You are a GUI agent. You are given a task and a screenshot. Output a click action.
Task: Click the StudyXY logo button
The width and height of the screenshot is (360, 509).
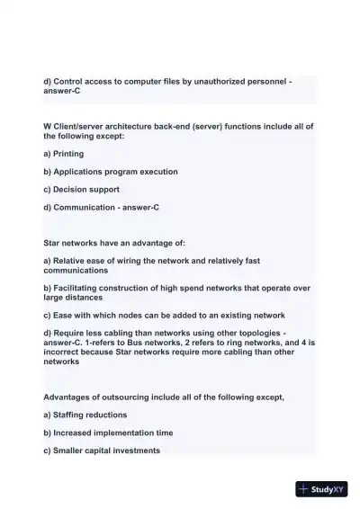click(321, 490)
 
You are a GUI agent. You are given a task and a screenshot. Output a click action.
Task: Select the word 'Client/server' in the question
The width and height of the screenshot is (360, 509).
click(79, 127)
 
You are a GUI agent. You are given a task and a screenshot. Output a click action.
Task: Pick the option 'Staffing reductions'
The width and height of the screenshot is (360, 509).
click(90, 415)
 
